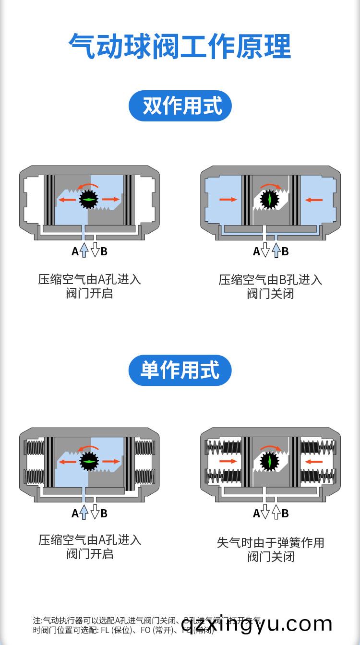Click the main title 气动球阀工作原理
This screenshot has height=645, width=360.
pyautogui.click(x=180, y=46)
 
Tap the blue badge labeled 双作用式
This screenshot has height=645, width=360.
pyautogui.click(x=180, y=106)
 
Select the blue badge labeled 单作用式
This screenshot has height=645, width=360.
pyautogui.click(x=180, y=370)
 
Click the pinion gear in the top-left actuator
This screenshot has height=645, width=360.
pyautogui.click(x=89, y=199)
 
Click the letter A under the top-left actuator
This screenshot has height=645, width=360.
pyautogui.click(x=75, y=251)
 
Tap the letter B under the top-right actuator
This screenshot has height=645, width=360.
pyautogui.click(x=285, y=251)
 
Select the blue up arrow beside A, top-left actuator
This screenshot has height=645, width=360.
pyautogui.click(x=84, y=250)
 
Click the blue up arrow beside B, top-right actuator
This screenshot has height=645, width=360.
pyautogui.click(x=276, y=250)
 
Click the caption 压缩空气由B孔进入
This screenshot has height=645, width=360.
pyautogui.click(x=270, y=280)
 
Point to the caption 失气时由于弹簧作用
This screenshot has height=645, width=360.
pyautogui.click(x=270, y=543)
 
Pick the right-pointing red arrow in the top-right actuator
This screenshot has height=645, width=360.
pyautogui.click(x=228, y=199)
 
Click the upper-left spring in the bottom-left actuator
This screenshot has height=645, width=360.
pyautogui.click(x=34, y=447)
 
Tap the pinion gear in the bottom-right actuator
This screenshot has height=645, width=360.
pyautogui.click(x=269, y=461)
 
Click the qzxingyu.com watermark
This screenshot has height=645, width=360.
pyautogui.click(x=257, y=623)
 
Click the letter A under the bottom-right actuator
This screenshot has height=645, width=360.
pyautogui.click(x=256, y=514)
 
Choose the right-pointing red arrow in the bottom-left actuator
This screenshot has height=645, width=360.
pyautogui.click(x=111, y=461)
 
